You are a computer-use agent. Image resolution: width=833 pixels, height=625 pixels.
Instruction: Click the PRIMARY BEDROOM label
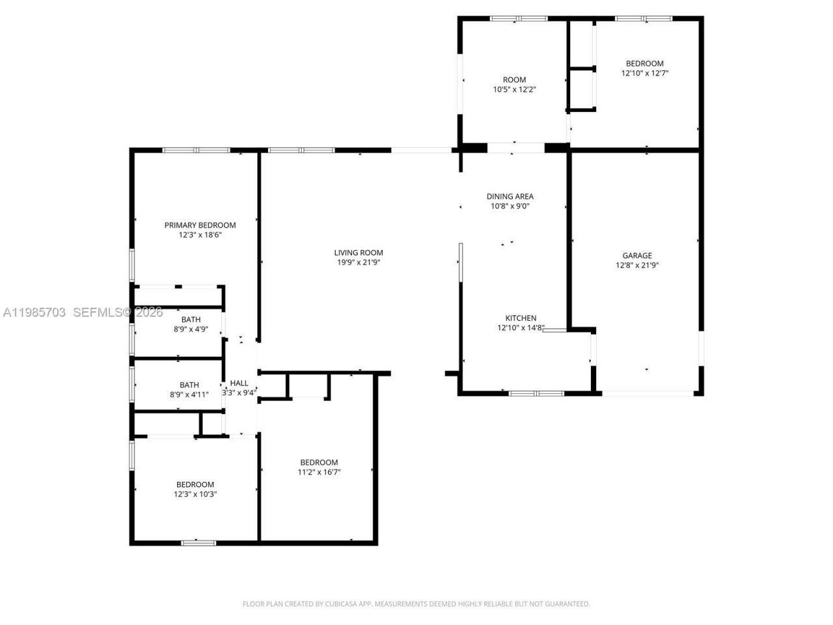pyautogui.click(x=200, y=225)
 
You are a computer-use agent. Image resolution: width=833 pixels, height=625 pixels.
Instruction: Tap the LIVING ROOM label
pyautogui.click(x=359, y=253)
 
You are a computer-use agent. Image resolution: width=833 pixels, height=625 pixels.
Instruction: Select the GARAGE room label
pyautogui.click(x=636, y=256)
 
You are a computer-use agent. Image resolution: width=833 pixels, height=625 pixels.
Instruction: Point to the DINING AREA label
pyautogui.click(x=510, y=197)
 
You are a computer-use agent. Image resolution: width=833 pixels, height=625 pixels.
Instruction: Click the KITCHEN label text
pyautogui.click(x=521, y=318)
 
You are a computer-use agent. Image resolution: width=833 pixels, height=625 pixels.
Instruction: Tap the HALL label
pyautogui.click(x=239, y=383)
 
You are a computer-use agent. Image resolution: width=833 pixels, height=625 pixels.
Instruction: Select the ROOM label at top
pyautogui.click(x=514, y=80)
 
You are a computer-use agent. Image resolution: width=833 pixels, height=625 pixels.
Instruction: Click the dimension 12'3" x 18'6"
pyautogui.click(x=200, y=235)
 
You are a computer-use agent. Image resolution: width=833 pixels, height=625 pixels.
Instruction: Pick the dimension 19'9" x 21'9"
pyautogui.click(x=359, y=262)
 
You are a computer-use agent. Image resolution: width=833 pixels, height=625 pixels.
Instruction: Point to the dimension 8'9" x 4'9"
pyautogui.click(x=191, y=329)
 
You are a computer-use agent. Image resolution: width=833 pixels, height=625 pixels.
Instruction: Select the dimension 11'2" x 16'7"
pyautogui.click(x=319, y=472)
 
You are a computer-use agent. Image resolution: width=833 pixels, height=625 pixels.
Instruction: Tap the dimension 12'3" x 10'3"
pyautogui.click(x=195, y=494)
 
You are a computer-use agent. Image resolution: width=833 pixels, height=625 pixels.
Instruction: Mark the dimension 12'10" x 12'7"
pyautogui.click(x=644, y=74)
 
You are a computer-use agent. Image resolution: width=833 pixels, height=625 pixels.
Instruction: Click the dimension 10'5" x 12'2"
pyautogui.click(x=514, y=90)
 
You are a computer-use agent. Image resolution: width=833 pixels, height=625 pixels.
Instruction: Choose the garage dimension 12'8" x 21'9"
pyautogui.click(x=636, y=266)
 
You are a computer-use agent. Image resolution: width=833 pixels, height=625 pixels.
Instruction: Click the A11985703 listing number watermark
pyautogui.click(x=34, y=312)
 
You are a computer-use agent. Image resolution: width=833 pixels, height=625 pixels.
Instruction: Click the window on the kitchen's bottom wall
pyautogui.click(x=536, y=393)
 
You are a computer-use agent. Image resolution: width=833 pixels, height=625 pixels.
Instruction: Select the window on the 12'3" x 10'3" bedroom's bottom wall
pyautogui.click(x=198, y=542)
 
